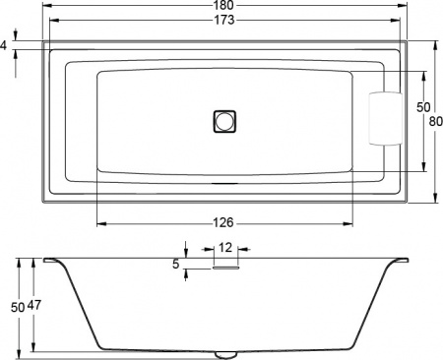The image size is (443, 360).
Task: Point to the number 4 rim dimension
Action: click(x=5, y=45)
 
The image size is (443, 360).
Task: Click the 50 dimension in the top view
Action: click(x=424, y=106)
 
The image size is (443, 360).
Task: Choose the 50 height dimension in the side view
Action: click(x=18, y=307)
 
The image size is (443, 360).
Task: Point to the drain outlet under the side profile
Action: click(x=225, y=352)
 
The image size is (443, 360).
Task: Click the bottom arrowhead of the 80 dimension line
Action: click(x=434, y=200)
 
